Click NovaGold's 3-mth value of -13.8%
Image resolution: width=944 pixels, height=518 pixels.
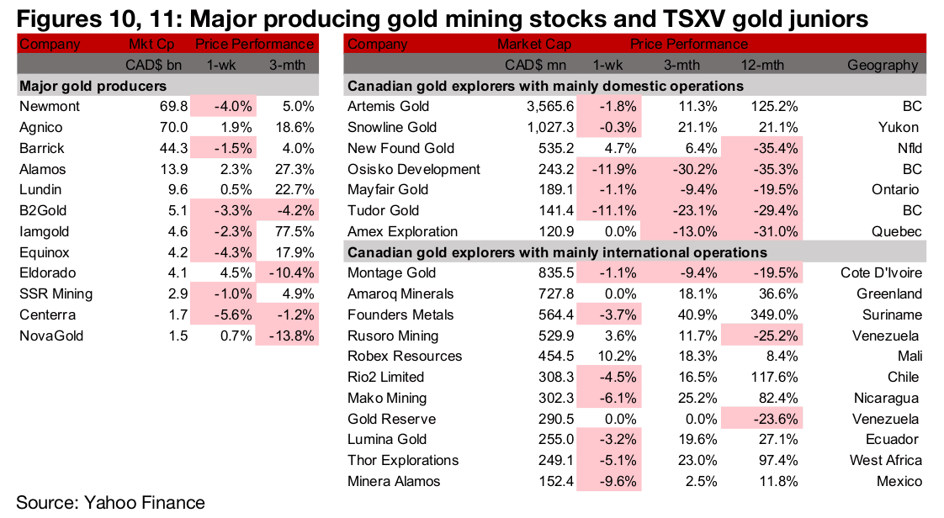[290, 336]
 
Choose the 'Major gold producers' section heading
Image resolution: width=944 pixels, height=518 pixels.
[93, 86]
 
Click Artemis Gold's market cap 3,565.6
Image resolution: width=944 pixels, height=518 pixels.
[549, 107]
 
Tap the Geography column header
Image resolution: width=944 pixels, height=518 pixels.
[883, 65]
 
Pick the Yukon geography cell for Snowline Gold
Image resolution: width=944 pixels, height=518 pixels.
[899, 128]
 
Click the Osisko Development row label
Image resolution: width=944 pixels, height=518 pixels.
[414, 169]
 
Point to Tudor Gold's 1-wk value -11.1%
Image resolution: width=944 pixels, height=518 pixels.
[618, 211]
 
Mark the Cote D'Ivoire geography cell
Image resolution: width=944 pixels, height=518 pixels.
[881, 273]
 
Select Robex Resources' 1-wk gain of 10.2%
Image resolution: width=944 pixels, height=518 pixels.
[619, 357]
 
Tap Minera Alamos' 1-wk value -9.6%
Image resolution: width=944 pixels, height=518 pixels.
[619, 481]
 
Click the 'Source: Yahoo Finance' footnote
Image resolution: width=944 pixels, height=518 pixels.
[110, 503]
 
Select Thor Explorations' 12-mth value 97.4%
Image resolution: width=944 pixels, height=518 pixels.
[774, 461]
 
